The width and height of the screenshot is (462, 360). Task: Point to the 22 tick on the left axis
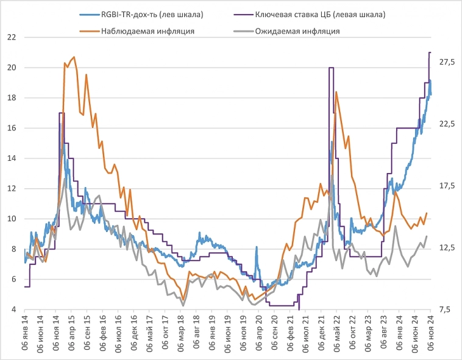[11, 37]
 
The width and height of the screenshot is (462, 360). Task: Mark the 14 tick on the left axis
[11, 158]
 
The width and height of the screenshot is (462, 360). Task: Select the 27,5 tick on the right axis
[447, 62]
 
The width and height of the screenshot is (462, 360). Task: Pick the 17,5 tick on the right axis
[447, 186]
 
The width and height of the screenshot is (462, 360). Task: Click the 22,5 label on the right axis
[447, 124]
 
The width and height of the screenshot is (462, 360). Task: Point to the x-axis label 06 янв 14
[25, 334]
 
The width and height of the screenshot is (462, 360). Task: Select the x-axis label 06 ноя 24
[430, 334]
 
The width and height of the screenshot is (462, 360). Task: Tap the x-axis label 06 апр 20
[258, 334]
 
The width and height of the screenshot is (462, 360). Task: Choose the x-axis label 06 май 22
[336, 334]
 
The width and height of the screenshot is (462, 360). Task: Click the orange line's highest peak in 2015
[74, 57]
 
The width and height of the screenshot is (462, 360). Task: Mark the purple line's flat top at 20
[331, 68]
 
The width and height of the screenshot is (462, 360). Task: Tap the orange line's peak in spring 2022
[336, 92]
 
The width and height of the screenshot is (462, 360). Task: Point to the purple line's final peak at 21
[430, 53]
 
